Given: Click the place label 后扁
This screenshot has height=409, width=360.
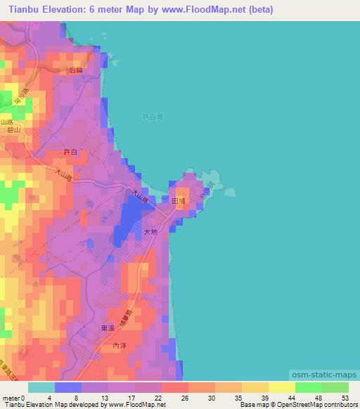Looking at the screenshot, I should click(76, 70).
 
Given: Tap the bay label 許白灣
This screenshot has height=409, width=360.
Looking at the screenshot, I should click(152, 117).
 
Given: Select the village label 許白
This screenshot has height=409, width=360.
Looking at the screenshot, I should click(70, 152).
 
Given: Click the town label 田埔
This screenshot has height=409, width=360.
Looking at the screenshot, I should click(179, 200).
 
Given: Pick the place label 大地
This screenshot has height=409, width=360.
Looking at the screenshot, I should click(150, 231).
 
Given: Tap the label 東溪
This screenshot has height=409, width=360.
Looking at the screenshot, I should click(107, 328).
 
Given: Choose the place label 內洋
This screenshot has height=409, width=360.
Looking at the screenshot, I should click(120, 346).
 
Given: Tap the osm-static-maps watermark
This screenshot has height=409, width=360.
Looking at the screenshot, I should click(328, 376).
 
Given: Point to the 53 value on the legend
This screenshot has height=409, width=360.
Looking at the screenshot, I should click(345, 397).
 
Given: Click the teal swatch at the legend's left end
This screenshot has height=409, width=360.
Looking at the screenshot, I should click(41, 387).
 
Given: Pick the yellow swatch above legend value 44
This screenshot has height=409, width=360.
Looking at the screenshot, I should click(282, 387).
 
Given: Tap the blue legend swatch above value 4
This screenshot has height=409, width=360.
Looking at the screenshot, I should click(68, 387).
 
